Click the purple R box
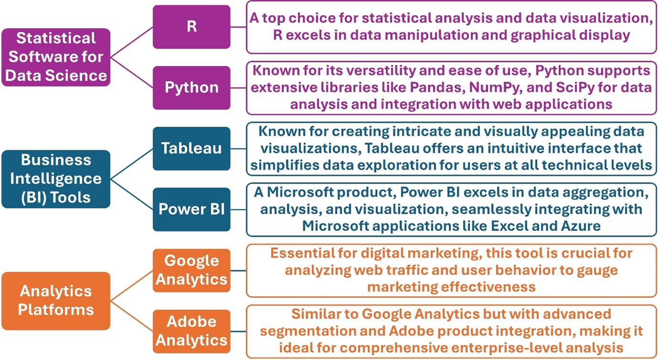tap(192, 27)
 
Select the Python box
tap(192, 87)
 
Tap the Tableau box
tap(192, 149)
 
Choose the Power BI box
tap(192, 209)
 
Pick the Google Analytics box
tap(192, 270)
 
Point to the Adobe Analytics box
tap(192, 331)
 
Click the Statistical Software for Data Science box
tap(56, 57)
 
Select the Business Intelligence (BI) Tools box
tap(56, 179)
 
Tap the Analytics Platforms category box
tap(56, 301)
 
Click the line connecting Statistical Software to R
tap(131, 42)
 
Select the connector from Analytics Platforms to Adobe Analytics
tap(131, 316)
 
